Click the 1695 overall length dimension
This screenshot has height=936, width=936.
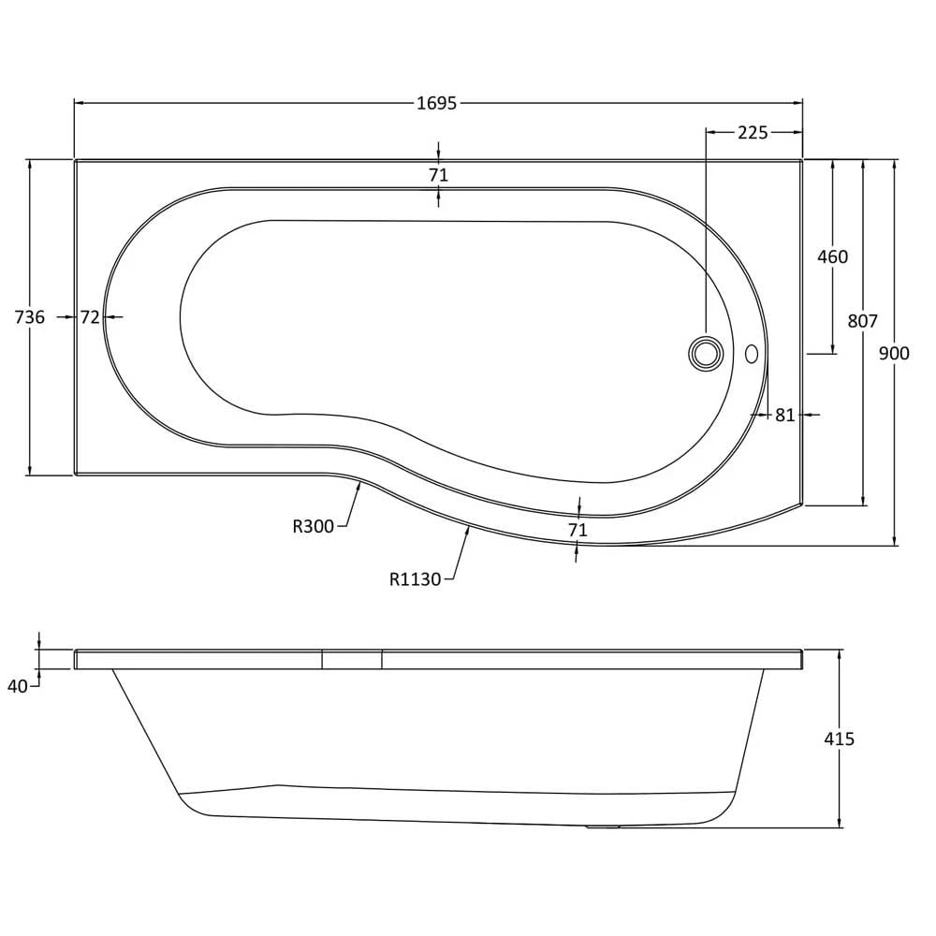pos(436,103)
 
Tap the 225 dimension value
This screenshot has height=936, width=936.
pos(753,133)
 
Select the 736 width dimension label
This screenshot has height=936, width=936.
pos(29,317)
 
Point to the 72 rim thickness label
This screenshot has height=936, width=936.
pos(90,317)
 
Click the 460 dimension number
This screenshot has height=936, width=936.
pos(832,256)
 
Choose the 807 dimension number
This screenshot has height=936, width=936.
pos(863,321)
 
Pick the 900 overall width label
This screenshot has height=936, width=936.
pos(894,354)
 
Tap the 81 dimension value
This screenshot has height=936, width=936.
pos(785,415)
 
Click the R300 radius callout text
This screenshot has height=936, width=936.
pos(313,526)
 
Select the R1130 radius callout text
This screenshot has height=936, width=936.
pos(415,579)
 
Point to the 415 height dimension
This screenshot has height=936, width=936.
pos(839,739)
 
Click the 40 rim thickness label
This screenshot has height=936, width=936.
pos(17,686)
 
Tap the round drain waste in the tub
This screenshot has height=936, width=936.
pos(706,352)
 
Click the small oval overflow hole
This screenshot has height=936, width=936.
pos(752,354)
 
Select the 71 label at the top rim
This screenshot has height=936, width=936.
pos(438,175)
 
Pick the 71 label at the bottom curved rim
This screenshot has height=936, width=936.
pos(578,530)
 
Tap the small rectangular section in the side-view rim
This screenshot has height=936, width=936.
pos(352,660)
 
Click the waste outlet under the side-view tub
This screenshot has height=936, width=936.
pos(603,826)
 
